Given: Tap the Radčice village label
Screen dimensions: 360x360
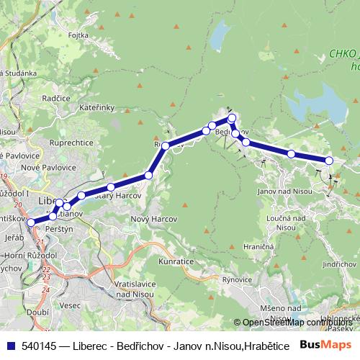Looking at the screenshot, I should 55,97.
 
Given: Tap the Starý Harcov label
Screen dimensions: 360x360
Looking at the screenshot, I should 119,195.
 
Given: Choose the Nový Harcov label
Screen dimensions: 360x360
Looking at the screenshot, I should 150,218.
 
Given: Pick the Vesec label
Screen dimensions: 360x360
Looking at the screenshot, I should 71,305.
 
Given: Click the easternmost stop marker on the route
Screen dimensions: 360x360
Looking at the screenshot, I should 329,161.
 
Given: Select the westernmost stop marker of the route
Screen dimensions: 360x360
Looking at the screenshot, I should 30,222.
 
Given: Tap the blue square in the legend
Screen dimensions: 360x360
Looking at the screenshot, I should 12,346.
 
